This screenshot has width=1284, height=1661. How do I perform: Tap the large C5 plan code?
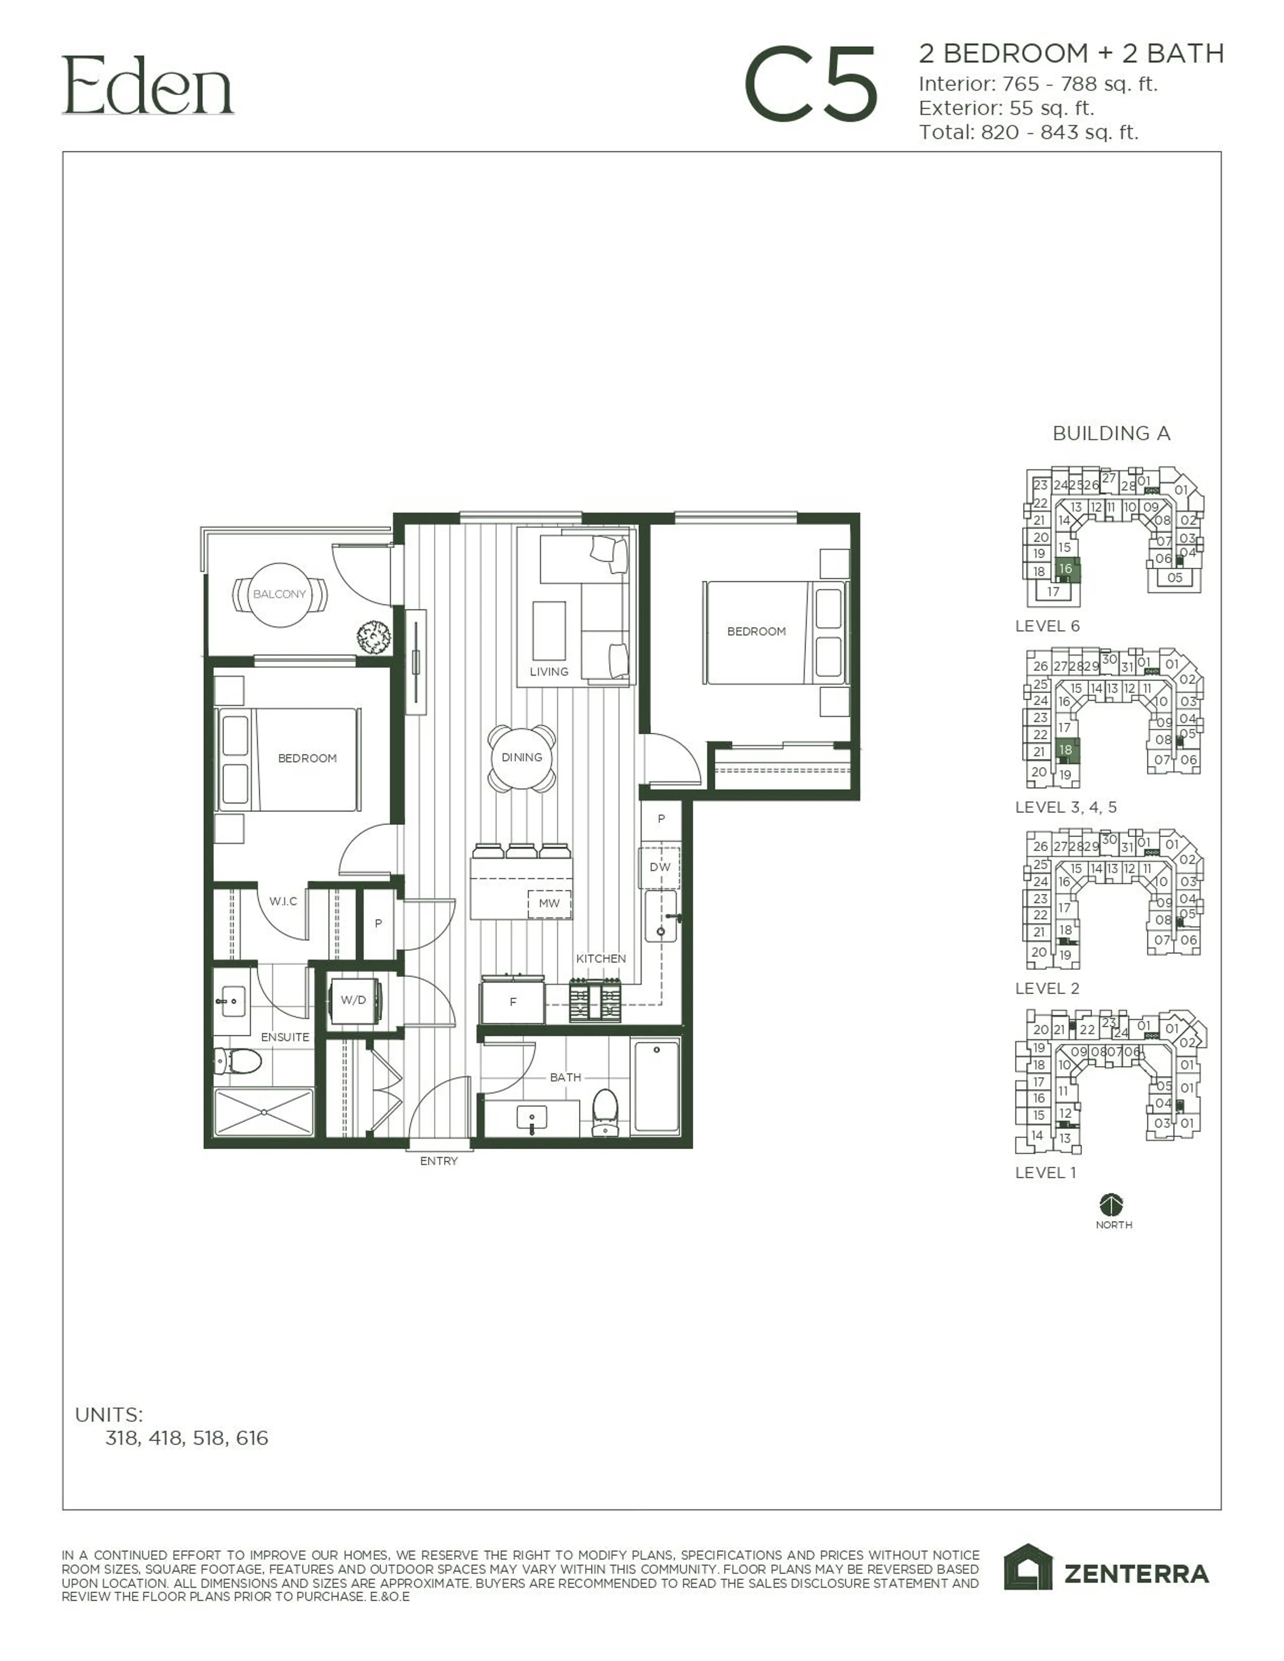(x=811, y=85)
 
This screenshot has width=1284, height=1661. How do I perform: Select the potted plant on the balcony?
(x=374, y=637)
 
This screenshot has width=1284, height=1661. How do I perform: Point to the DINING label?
(x=522, y=757)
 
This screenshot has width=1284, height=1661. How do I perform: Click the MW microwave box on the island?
(x=549, y=904)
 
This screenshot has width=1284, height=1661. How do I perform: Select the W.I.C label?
(x=283, y=901)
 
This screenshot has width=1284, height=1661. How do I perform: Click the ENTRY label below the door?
(x=439, y=1161)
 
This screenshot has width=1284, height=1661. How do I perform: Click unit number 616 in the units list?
(x=252, y=1438)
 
